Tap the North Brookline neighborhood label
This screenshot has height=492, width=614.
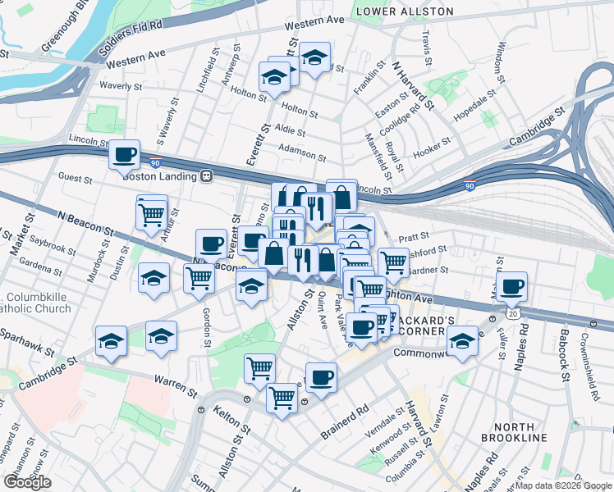tap(520, 432)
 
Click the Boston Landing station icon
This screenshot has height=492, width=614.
tap(207, 175)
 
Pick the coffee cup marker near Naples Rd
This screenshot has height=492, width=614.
tap(512, 287)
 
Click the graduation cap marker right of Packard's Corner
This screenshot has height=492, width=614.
tap(463, 341)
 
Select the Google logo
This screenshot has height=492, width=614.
tap(27, 482)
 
